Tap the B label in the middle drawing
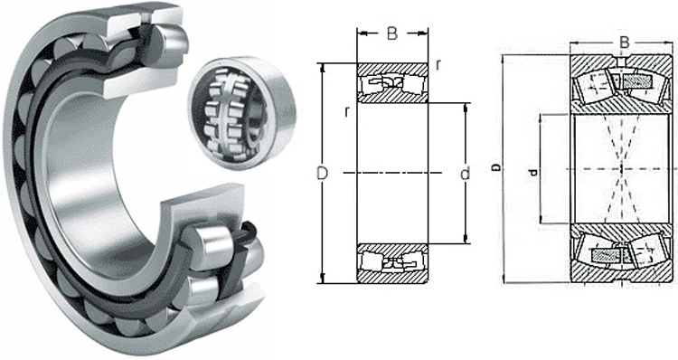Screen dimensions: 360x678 391,34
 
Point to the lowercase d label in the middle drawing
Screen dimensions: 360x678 465,173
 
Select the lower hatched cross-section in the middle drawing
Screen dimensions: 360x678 391,262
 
